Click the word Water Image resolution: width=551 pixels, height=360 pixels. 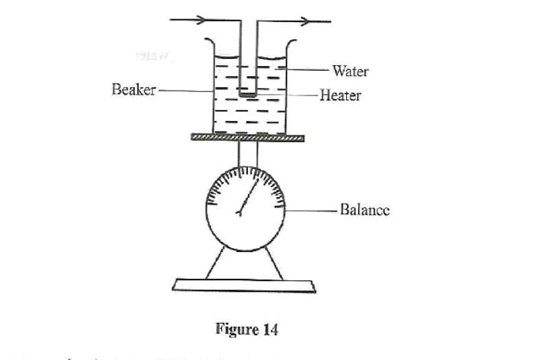pyautogui.click(x=350, y=71)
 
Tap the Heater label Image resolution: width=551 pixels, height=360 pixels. pyautogui.click(x=340, y=95)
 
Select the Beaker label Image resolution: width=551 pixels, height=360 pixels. pyautogui.click(x=134, y=90)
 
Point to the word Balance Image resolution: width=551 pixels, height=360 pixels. pyautogui.click(x=365, y=210)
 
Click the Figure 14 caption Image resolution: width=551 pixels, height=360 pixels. pyautogui.click(x=247, y=330)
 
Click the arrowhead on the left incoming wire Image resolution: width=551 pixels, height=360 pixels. pyautogui.click(x=201, y=20)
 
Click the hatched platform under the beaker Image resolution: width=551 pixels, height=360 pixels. pyautogui.click(x=247, y=138)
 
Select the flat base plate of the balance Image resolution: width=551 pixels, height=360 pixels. pyautogui.click(x=245, y=285)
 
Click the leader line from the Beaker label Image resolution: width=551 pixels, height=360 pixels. pyautogui.click(x=185, y=90)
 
